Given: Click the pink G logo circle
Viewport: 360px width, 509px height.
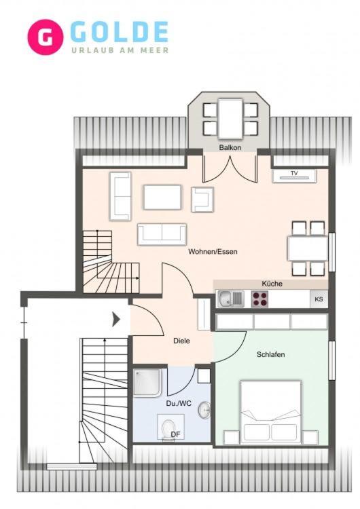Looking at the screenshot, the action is pos(45,37).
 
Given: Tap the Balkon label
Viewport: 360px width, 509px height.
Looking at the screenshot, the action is pos(230,147).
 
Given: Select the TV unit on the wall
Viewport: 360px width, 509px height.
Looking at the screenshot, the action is pos(294,176).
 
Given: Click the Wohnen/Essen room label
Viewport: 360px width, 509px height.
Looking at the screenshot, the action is pos(213,252).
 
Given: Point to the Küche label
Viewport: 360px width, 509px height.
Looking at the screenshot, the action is pos(272,284).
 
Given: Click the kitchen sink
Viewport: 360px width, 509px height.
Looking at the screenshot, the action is pos(230,299).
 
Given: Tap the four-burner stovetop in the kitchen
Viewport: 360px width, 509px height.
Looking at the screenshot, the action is pos(259,299).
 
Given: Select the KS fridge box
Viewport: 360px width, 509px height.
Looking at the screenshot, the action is pos(319,299).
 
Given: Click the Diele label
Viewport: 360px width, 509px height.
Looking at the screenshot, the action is pos(181,341).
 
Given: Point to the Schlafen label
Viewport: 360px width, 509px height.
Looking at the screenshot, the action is pos(270,354).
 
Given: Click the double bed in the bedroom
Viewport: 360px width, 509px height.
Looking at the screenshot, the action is pos(270,412).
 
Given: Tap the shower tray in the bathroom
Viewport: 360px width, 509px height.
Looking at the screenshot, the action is pos(147,382).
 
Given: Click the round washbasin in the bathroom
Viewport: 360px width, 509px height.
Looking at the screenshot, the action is pos(204,410).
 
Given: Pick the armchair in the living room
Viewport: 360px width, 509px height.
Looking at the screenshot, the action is pos(202,200).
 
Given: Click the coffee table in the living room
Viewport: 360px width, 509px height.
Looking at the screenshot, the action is pos(162,197).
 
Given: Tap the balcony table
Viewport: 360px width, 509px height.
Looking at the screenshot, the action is pos(230,119).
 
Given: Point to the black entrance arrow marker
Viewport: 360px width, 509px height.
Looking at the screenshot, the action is pos(116,320).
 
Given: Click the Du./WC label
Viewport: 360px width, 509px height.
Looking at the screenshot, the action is pos(179,404).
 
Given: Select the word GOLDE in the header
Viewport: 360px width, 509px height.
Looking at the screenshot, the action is pos(119,31).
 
